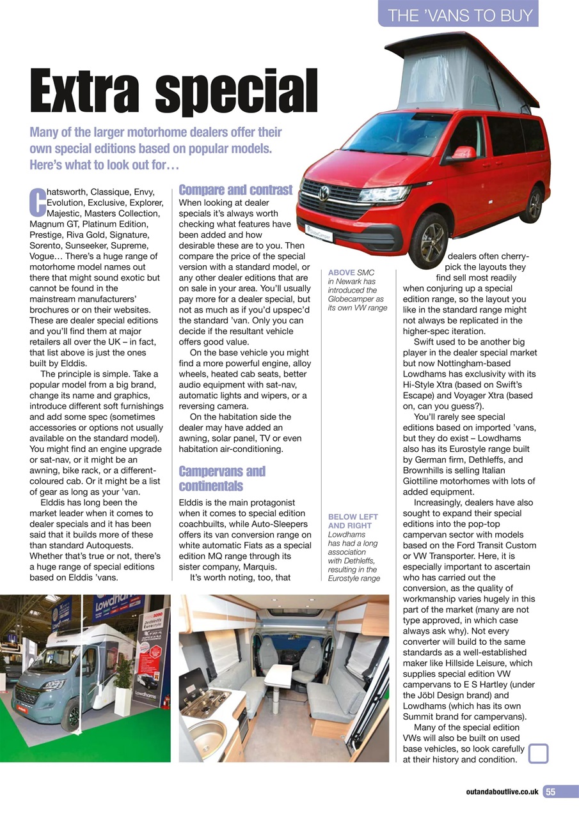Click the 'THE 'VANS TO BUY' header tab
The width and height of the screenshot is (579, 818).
point(460,15)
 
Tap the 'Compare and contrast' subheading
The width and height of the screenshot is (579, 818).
point(235,190)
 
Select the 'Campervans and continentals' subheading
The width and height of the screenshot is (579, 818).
point(221,479)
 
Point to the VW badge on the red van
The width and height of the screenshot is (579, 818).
point(324,192)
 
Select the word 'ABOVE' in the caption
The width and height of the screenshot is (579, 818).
point(342,272)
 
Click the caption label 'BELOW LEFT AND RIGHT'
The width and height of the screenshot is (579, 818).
point(353,521)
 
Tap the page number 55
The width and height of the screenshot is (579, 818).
point(551,792)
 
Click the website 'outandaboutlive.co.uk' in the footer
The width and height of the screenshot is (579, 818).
point(502,792)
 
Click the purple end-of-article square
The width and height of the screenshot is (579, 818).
point(539,753)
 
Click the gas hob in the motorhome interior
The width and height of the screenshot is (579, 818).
point(205,700)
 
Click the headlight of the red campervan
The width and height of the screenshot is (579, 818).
point(384,193)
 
